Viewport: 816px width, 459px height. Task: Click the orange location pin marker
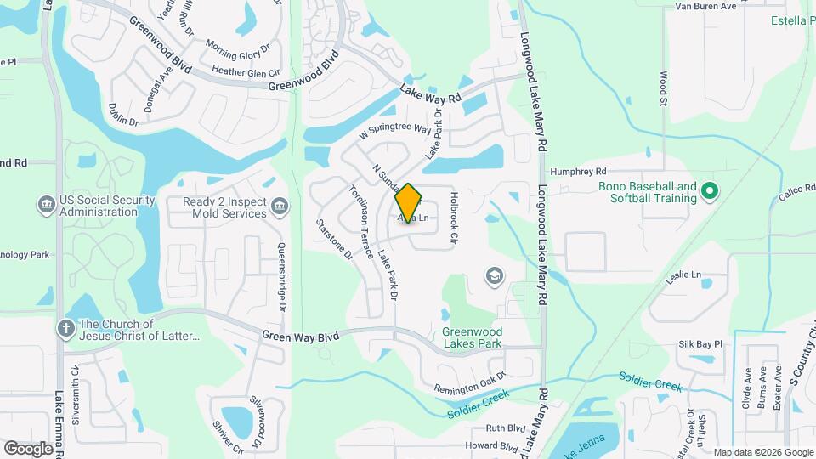[409, 203]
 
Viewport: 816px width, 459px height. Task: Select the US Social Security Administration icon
[46, 205]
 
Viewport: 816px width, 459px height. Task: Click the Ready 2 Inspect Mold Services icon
[279, 207]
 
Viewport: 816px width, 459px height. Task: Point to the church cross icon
[65, 329]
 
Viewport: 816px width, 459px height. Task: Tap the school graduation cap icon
[493, 275]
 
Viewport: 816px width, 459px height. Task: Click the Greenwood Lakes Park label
[472, 337]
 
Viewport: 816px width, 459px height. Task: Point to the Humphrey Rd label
[578, 171]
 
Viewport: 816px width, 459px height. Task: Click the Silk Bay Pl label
[700, 344]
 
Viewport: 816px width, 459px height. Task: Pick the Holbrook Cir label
[454, 218]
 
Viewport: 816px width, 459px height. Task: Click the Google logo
[28, 448]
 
